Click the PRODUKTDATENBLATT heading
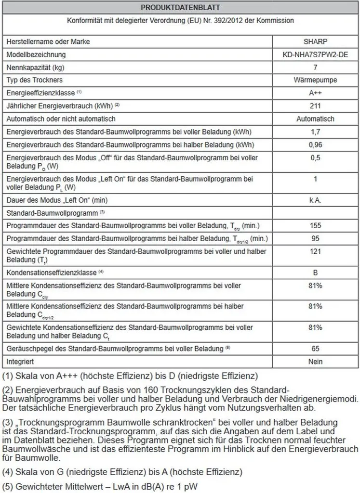(181, 8)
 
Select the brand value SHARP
(316, 42)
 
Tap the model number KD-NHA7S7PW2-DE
(316, 55)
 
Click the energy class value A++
(316, 93)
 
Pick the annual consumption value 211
(316, 106)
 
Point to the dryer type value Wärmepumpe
(316, 80)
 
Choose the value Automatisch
(316, 119)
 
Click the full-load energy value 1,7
(316, 132)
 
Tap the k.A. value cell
(316, 199)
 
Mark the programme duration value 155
(316, 225)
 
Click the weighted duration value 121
(316, 251)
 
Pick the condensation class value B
(316, 272)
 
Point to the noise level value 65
(316, 348)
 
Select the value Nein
(316, 361)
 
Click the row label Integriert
(20, 361)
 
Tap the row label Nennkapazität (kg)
(35, 67)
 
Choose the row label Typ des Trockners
(34, 80)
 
